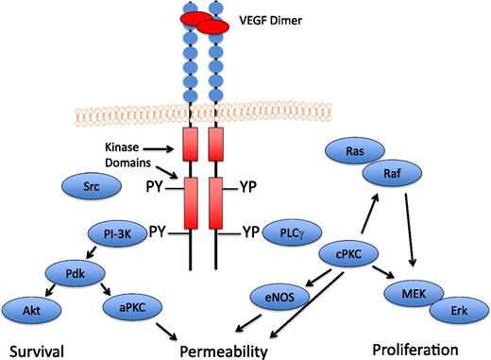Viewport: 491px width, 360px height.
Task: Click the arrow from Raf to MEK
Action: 410,231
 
